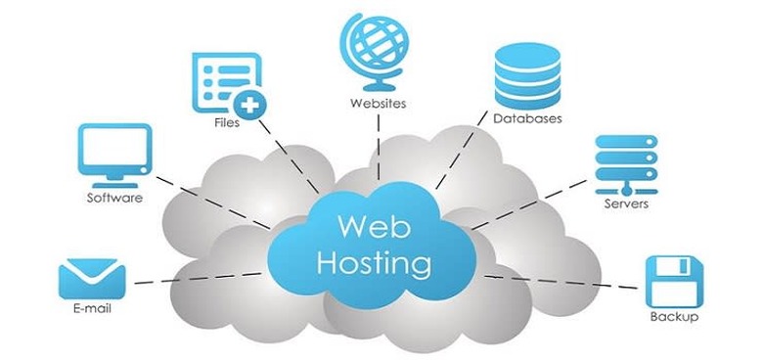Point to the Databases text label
(x=526, y=119)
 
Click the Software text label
(x=114, y=198)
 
